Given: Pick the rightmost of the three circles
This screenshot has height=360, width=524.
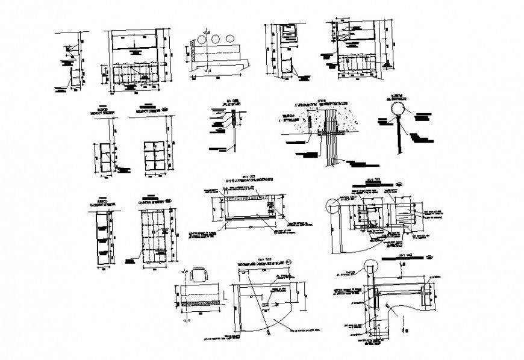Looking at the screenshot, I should pyautogui.click(x=229, y=39).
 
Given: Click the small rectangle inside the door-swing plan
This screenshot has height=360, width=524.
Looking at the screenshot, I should pyautogui.click(x=266, y=305).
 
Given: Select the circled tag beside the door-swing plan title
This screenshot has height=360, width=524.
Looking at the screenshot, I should pyautogui.click(x=289, y=262).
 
